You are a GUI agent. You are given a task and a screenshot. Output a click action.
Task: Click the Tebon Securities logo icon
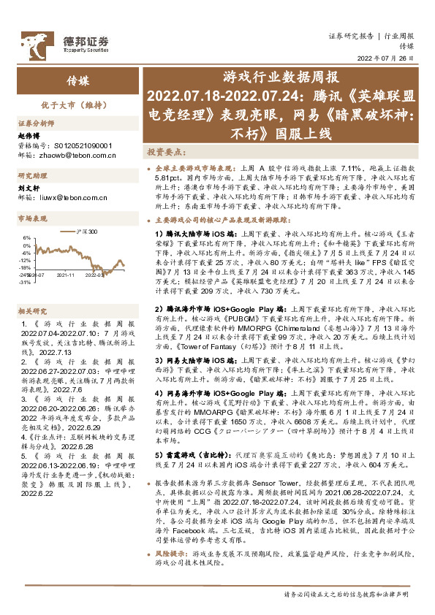(34, 41)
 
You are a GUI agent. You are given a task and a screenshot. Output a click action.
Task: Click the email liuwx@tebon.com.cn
(72, 196)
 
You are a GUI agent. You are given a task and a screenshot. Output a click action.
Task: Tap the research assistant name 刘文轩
(27, 187)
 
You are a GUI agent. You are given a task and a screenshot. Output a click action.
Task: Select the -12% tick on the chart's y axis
(26, 260)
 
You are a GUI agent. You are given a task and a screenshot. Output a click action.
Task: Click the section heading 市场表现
(32, 218)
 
